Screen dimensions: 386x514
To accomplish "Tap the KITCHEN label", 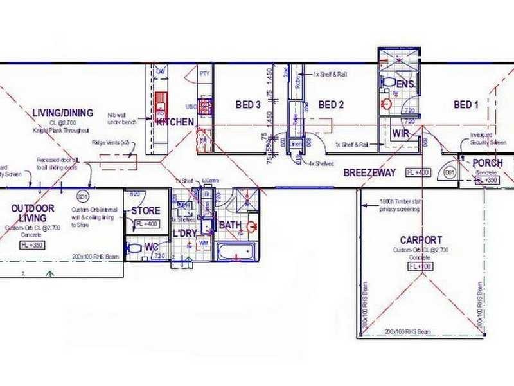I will tap(174, 122).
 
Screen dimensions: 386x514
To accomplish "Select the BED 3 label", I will tap(247, 105).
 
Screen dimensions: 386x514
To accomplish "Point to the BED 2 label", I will tap(332, 105).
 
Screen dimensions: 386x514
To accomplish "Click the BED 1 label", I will tap(466, 105).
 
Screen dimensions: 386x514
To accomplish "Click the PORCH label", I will tap(488, 163).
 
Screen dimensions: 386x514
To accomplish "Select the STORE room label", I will tap(145, 210).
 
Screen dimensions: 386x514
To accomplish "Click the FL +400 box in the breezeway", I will tap(417, 172).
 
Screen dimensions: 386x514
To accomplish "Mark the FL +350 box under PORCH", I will tap(488, 180).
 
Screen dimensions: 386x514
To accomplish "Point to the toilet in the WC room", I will tap(135, 248).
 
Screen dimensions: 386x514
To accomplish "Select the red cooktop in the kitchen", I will tap(160, 102).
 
